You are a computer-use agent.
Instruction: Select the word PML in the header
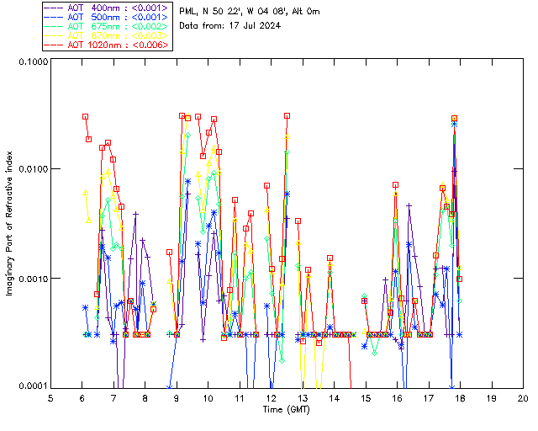tap(189, 11)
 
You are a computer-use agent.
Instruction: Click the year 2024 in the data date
tap(266, 25)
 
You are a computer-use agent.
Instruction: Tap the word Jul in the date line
tap(244, 25)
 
